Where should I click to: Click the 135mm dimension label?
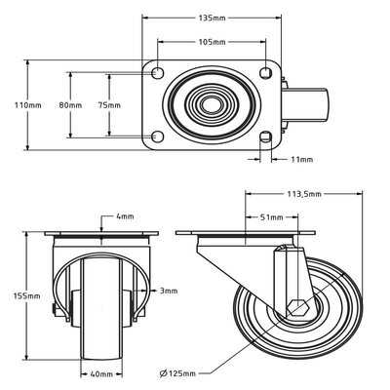pos(212,18)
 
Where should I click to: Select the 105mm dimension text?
pos(212,42)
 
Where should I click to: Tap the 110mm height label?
pos(28,105)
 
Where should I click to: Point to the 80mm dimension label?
pos(70,105)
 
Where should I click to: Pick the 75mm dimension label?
pos(109,105)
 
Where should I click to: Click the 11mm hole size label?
pos(302,159)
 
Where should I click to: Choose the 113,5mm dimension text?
pos(304,194)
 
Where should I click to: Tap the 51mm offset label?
pos(272,217)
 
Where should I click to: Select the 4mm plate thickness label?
pos(125,216)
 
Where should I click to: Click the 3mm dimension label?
pos(169,291)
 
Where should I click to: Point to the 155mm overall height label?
pos(27,296)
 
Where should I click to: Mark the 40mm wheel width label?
pos(101,374)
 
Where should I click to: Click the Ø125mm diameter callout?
pos(177,373)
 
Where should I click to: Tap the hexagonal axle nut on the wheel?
pos(297,307)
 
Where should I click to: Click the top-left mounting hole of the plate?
pos(158,72)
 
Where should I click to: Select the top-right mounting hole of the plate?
pos(266,72)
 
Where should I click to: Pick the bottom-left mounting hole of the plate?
pos(158,136)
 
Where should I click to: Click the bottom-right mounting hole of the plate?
pos(266,136)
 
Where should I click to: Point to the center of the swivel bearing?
pos(212,104)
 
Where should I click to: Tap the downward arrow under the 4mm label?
pos(101,224)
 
